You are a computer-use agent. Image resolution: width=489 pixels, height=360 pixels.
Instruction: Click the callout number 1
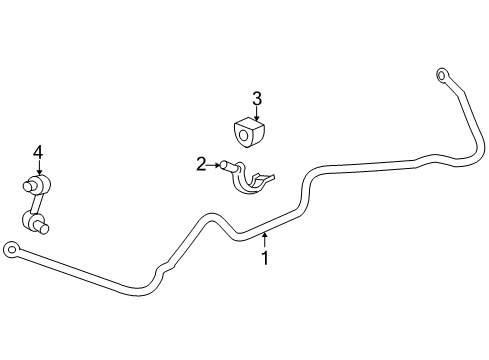265,257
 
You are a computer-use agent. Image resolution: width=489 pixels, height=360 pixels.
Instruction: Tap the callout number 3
256,98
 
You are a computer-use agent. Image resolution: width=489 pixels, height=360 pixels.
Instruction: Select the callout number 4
38,151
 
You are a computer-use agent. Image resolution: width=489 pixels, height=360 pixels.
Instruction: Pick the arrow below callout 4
38,168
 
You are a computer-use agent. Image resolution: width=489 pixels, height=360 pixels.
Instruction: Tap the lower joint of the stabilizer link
35,220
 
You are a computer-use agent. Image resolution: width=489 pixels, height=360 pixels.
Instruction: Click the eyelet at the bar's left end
11,247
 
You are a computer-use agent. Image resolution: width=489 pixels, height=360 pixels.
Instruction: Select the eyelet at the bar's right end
441,73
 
